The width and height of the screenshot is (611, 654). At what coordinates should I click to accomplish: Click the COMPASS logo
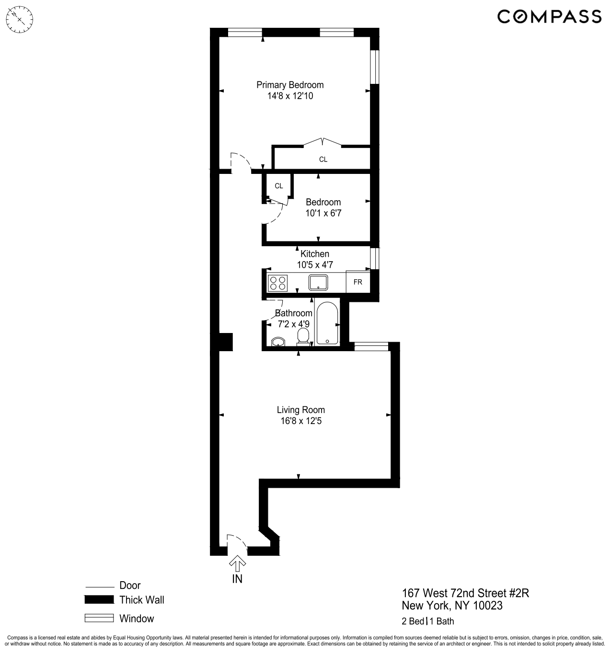(549, 16)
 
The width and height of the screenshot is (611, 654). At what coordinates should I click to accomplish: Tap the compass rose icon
(20, 20)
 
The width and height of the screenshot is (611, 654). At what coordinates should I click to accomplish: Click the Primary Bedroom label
(290, 85)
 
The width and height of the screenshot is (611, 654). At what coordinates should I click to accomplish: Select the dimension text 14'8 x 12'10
(290, 96)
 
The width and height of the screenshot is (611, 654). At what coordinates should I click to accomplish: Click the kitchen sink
(318, 283)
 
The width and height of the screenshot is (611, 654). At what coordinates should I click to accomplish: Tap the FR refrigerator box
(358, 282)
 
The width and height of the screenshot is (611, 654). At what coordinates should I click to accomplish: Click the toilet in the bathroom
(303, 336)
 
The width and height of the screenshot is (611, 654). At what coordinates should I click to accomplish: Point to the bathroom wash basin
(278, 342)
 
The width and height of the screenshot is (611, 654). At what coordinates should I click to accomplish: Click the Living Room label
(301, 410)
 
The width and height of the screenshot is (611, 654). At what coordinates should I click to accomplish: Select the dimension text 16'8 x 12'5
(301, 421)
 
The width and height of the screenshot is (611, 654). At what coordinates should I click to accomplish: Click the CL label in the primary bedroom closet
(323, 160)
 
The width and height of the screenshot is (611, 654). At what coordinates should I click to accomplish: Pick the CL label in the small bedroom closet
(279, 186)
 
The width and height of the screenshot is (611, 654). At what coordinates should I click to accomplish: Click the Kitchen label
(315, 254)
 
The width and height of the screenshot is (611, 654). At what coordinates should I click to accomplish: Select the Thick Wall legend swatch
(99, 600)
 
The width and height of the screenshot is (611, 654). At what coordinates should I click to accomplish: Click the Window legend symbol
(99, 619)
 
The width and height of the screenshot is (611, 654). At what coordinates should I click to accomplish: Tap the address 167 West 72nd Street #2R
(465, 593)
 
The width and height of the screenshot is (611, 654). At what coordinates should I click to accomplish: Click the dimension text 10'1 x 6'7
(323, 213)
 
